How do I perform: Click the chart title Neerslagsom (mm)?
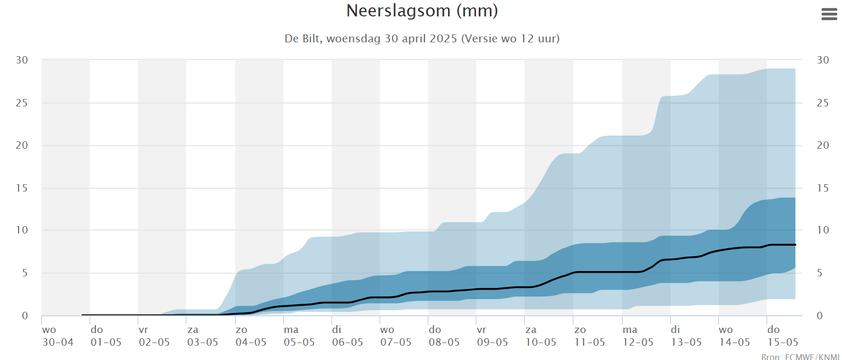click(422, 11)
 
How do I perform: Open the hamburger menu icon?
click(829, 14)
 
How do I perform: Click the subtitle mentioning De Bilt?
click(422, 39)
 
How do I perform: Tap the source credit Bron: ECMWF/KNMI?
click(800, 356)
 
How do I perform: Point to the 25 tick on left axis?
click(22, 103)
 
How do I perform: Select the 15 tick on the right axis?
click(822, 188)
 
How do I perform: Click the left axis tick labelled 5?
click(24, 273)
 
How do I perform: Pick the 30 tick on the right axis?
click(822, 60)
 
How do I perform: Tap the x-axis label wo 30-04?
click(58, 336)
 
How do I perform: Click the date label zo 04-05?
click(250, 336)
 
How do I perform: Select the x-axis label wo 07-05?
click(396, 336)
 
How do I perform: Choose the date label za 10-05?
click(540, 336)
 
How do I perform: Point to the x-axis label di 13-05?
click(686, 336)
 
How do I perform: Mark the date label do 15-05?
click(782, 336)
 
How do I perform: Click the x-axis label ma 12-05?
click(638, 336)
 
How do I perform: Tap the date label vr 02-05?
click(154, 336)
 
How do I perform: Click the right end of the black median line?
click(795, 245)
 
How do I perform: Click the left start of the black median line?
click(83, 315)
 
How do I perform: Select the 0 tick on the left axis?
click(24, 316)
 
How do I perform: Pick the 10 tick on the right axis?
click(822, 230)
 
